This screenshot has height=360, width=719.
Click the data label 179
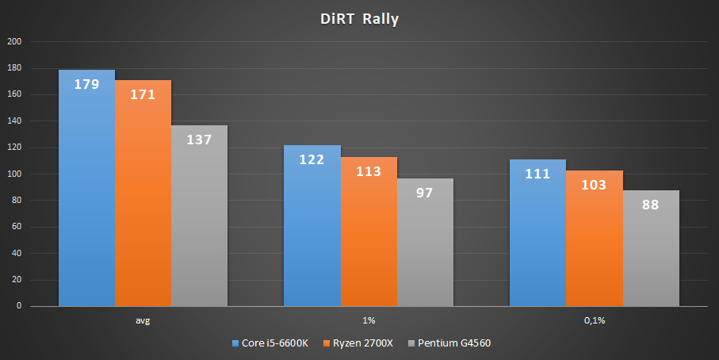tap(86, 83)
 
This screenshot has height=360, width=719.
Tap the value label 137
tap(199, 140)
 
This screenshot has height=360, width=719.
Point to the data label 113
tap(369, 170)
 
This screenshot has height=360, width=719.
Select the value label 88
tap(651, 204)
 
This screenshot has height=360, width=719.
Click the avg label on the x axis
tap(143, 321)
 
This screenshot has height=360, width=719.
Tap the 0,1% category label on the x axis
tap(595, 321)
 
